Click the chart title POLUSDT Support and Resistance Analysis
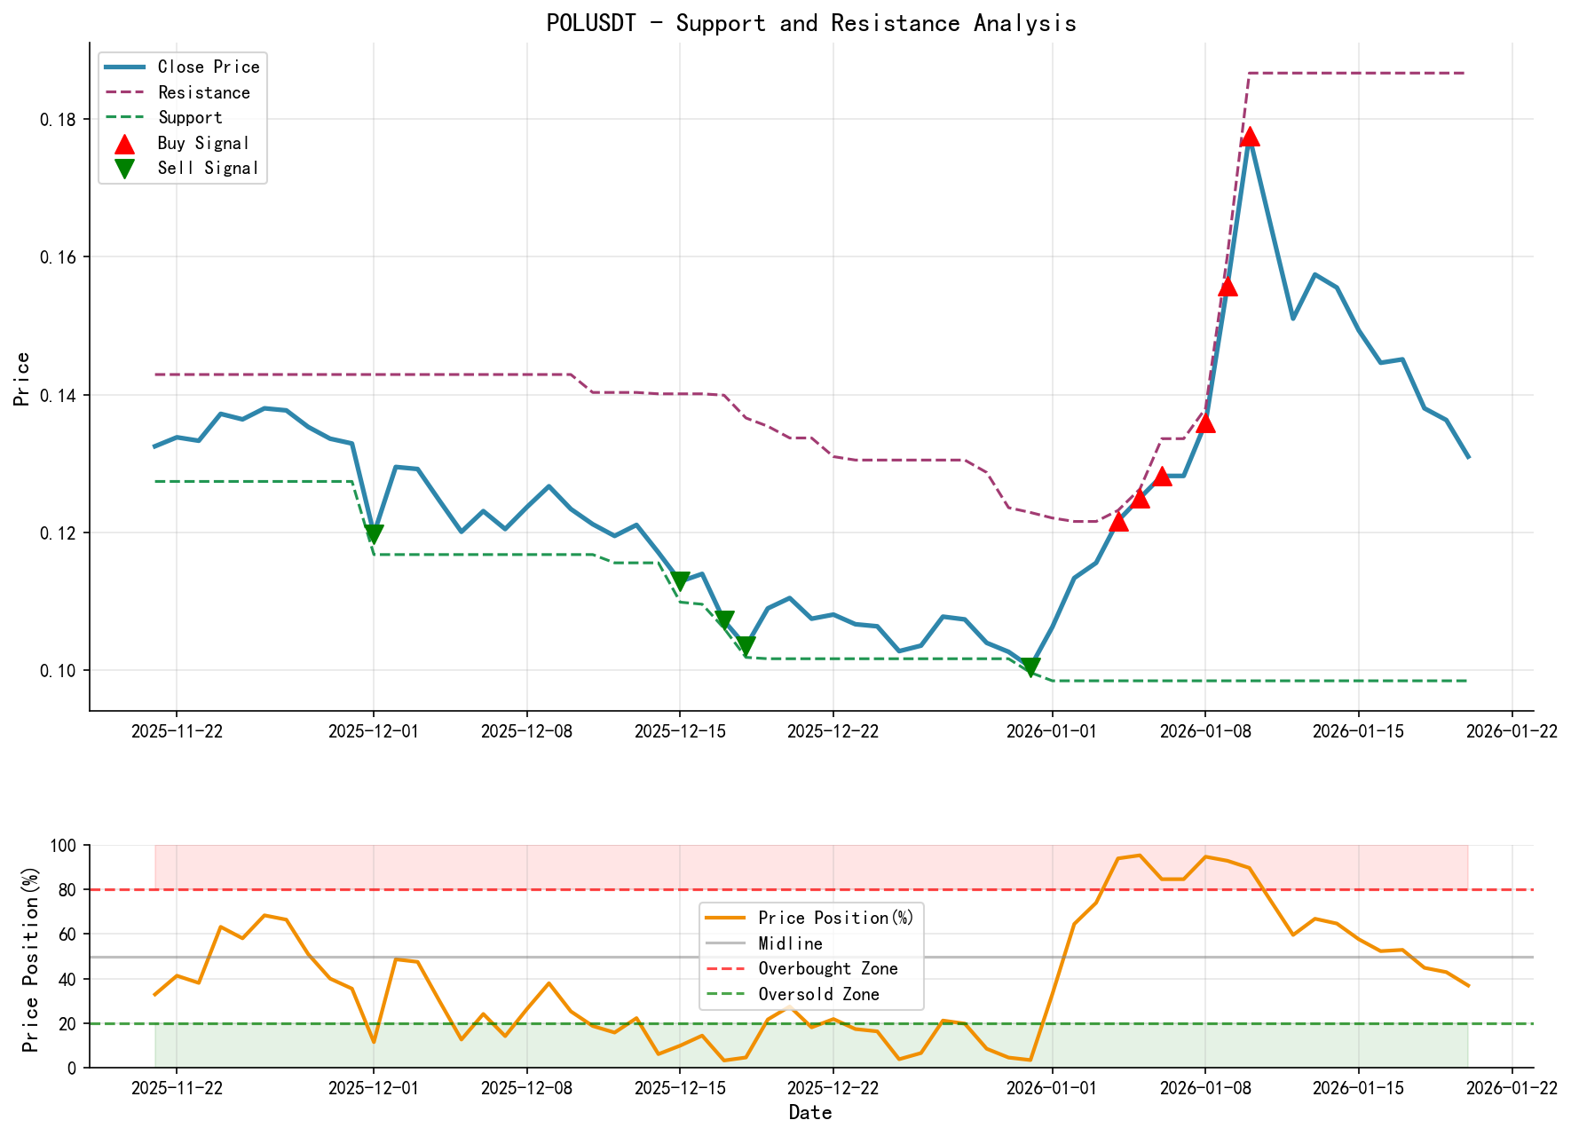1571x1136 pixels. tap(811, 23)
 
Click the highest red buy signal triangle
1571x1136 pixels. tap(1250, 136)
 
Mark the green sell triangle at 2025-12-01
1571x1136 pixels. tap(374, 533)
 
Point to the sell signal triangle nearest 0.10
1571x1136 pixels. tap(1030, 667)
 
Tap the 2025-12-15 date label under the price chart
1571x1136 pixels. tap(680, 731)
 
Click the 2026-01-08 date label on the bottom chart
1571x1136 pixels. tap(1204, 1089)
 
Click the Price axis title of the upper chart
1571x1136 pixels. tap(22, 378)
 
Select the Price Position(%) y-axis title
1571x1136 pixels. tap(31, 957)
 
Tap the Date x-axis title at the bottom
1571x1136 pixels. tap(810, 1113)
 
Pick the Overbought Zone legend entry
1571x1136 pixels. tap(827, 968)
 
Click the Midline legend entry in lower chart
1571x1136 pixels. tap(790, 943)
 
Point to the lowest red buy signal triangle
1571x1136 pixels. tap(1118, 521)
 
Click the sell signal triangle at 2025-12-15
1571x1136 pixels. tap(681, 580)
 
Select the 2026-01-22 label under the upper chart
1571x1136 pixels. tap(1512, 731)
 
